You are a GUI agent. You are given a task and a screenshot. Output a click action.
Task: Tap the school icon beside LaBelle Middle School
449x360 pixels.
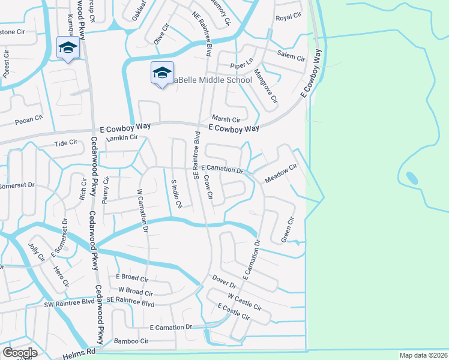coord(162,73)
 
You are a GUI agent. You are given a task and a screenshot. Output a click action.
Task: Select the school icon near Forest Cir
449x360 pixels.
coord(68,48)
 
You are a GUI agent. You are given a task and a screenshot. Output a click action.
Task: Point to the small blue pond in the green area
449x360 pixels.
coord(412,178)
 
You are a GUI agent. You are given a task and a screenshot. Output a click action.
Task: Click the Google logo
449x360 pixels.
coord(20,353)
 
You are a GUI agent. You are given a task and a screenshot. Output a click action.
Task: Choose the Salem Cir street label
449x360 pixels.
coord(291,56)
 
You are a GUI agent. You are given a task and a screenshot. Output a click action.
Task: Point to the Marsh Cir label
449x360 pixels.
coord(226,119)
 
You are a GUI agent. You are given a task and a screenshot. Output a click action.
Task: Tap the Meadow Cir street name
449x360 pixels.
coord(281,174)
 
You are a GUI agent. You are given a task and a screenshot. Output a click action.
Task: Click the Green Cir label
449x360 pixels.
coord(289,229)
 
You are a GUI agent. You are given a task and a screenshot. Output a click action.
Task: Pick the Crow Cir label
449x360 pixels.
coord(208,187)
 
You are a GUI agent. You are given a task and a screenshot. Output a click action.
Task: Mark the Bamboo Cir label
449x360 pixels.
coord(131,341)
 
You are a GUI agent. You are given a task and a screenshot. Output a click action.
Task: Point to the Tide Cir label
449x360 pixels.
coord(66,143)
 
